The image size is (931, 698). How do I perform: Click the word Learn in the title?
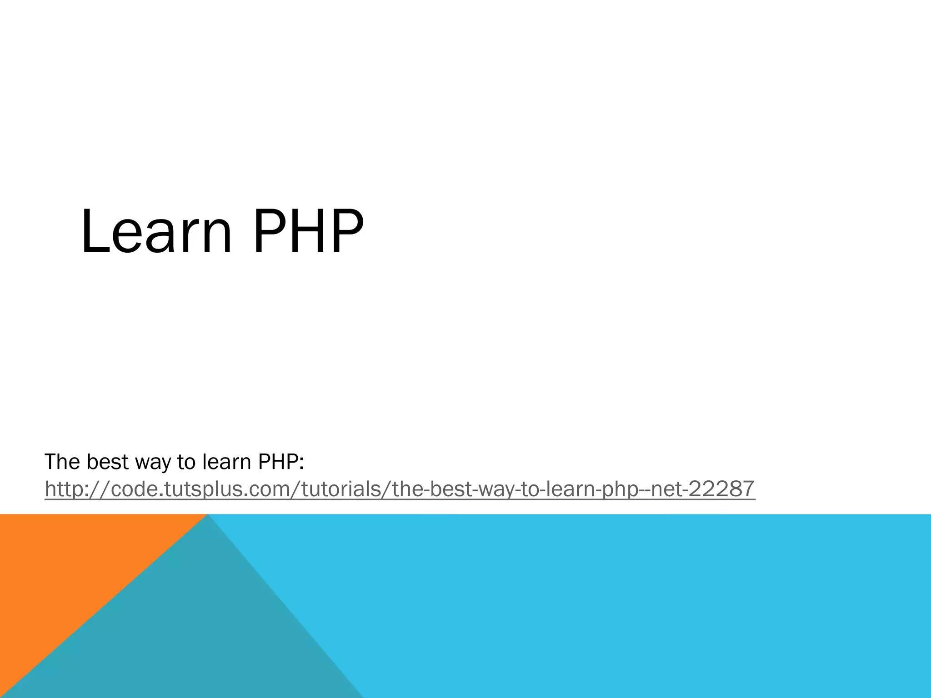tap(157, 232)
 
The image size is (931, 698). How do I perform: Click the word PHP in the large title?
tap(309, 232)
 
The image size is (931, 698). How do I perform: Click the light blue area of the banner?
tap(636, 604)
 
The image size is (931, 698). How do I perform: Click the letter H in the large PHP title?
tap(309, 232)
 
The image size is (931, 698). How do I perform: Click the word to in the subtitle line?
tap(186, 463)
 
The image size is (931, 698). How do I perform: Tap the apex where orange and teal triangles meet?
tap(207, 515)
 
